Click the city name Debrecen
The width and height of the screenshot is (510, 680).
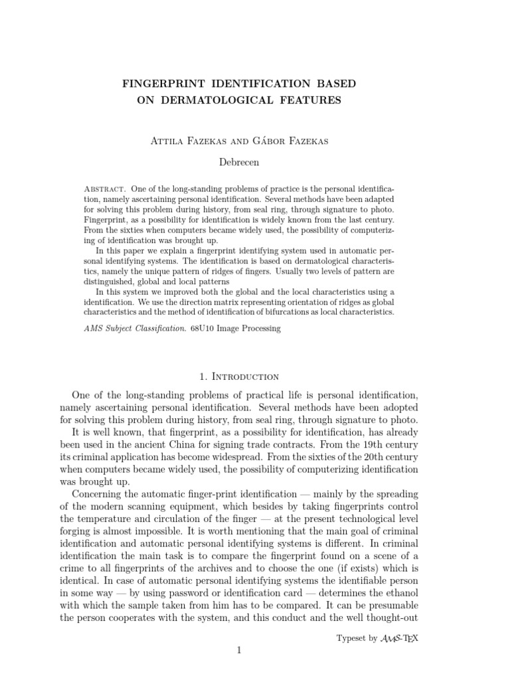tap(239, 161)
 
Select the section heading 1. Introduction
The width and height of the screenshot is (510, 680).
tap(239, 377)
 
